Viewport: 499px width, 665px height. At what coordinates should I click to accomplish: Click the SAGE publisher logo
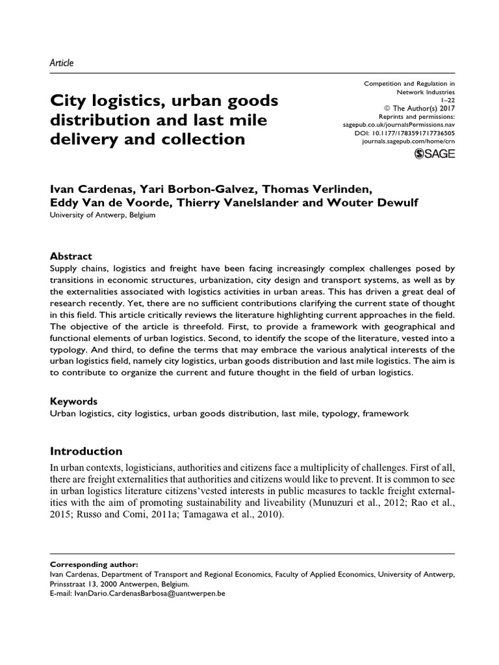pos(435,154)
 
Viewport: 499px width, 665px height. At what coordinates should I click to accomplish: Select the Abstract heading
pos(71,256)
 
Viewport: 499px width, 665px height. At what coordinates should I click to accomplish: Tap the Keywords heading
pos(73,401)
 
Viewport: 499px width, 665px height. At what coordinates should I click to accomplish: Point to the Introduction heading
pos(86,451)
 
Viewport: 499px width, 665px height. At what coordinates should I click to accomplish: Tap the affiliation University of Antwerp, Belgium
pos(103,216)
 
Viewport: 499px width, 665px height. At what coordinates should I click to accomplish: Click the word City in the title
pos(66,102)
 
